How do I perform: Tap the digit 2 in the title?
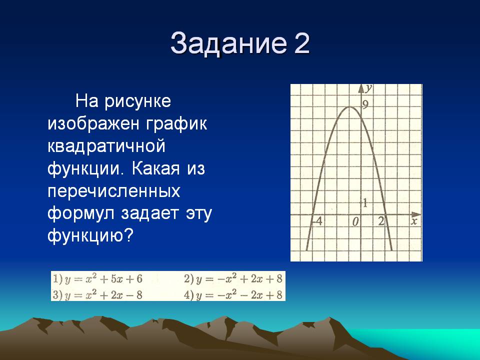[302, 43]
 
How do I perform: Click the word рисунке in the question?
[138, 101]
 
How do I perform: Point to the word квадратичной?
[106, 146]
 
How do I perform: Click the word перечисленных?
[114, 191]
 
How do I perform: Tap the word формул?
[81, 213]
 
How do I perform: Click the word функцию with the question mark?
[90, 235]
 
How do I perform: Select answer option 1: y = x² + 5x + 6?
[97, 279]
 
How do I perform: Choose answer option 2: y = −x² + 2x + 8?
[233, 279]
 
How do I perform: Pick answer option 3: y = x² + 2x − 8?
[97, 295]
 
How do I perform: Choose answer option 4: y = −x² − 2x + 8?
[233, 295]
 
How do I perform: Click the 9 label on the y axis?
[365, 105]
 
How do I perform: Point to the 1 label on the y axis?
[365, 202]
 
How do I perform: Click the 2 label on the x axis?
[381, 220]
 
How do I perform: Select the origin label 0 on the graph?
[355, 222]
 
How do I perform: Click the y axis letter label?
[369, 88]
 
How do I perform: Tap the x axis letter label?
[414, 221]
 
